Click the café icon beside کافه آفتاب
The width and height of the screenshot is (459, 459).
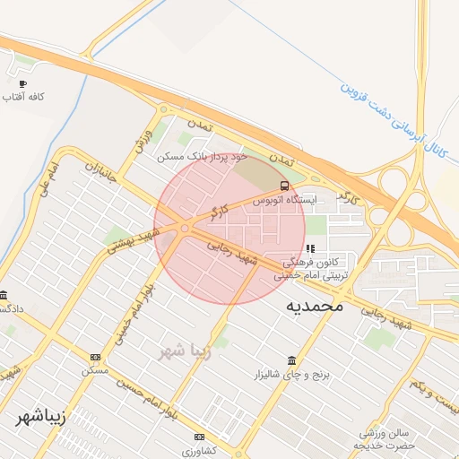click(22, 82)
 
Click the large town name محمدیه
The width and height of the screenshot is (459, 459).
click(315, 307)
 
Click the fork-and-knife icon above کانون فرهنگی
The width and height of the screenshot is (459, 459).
click(310, 249)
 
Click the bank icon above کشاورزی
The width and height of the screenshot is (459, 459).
click(199, 437)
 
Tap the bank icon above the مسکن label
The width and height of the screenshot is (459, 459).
click(96, 356)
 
